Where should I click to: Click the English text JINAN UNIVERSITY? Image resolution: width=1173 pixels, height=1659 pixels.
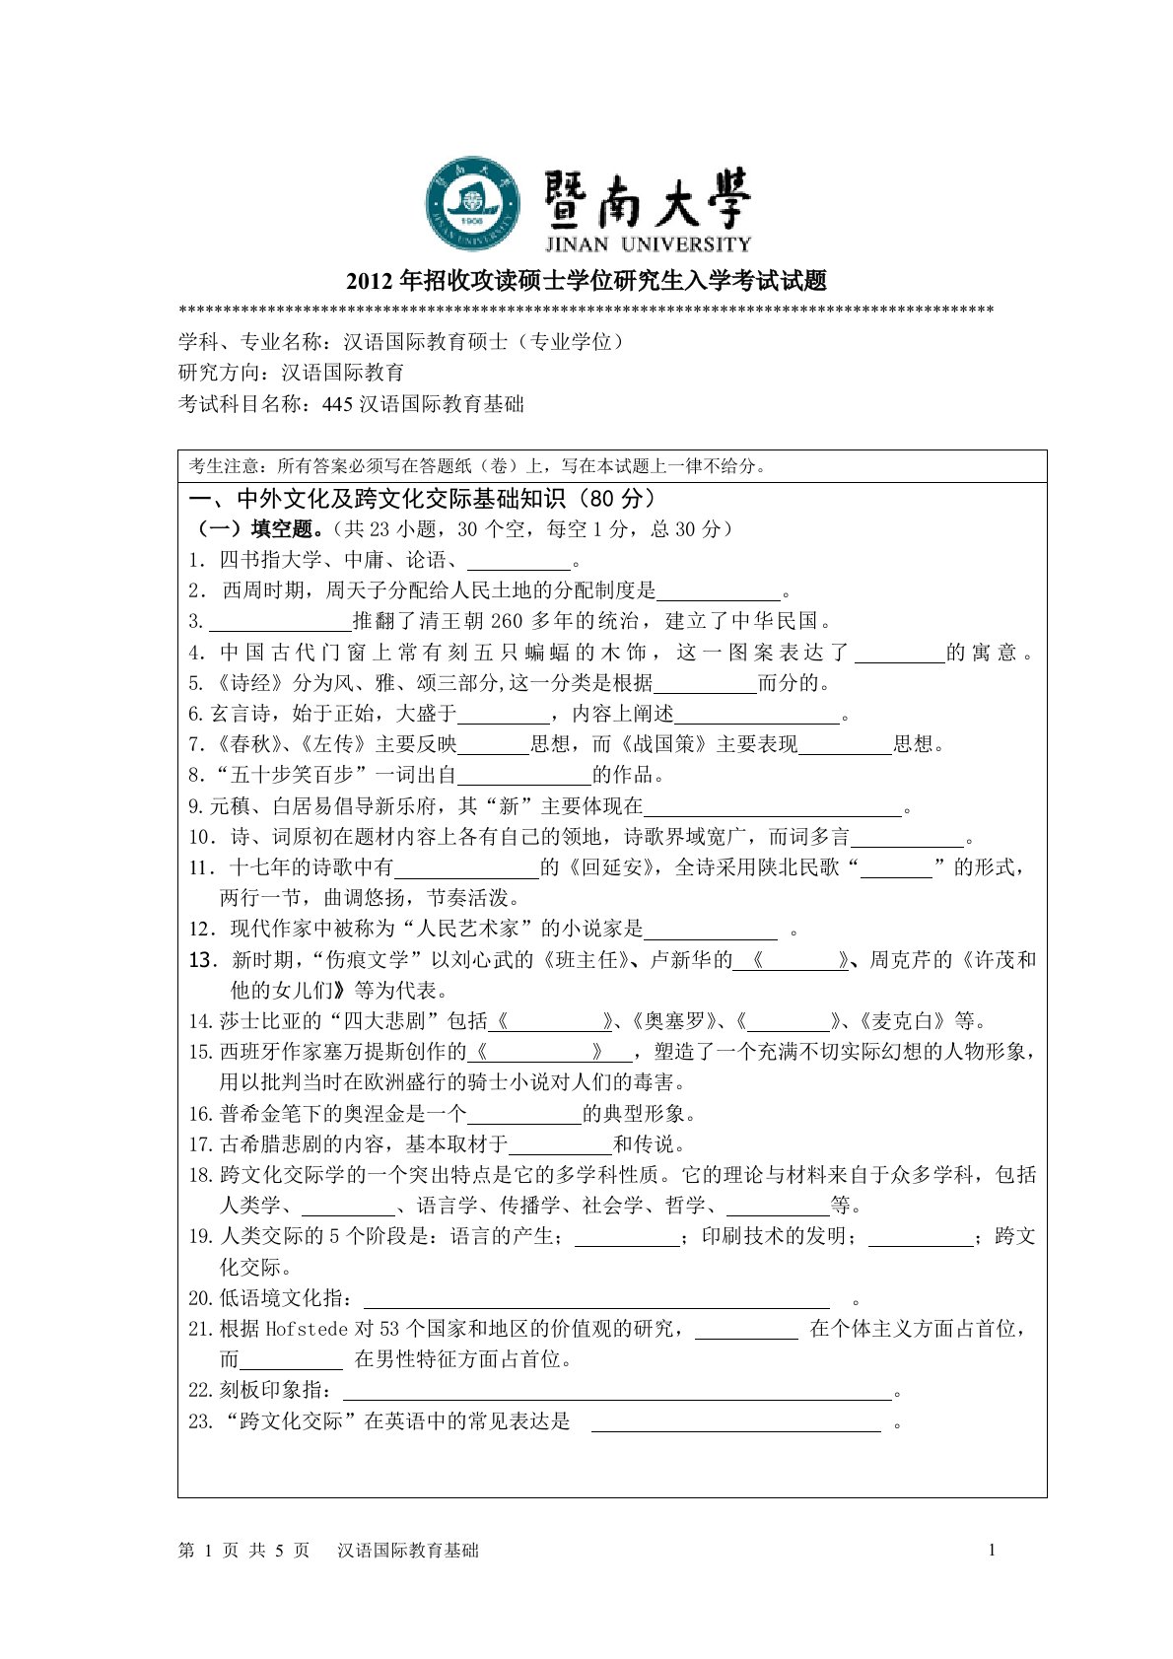click(647, 243)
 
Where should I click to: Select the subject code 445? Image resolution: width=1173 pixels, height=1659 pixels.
click(336, 403)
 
